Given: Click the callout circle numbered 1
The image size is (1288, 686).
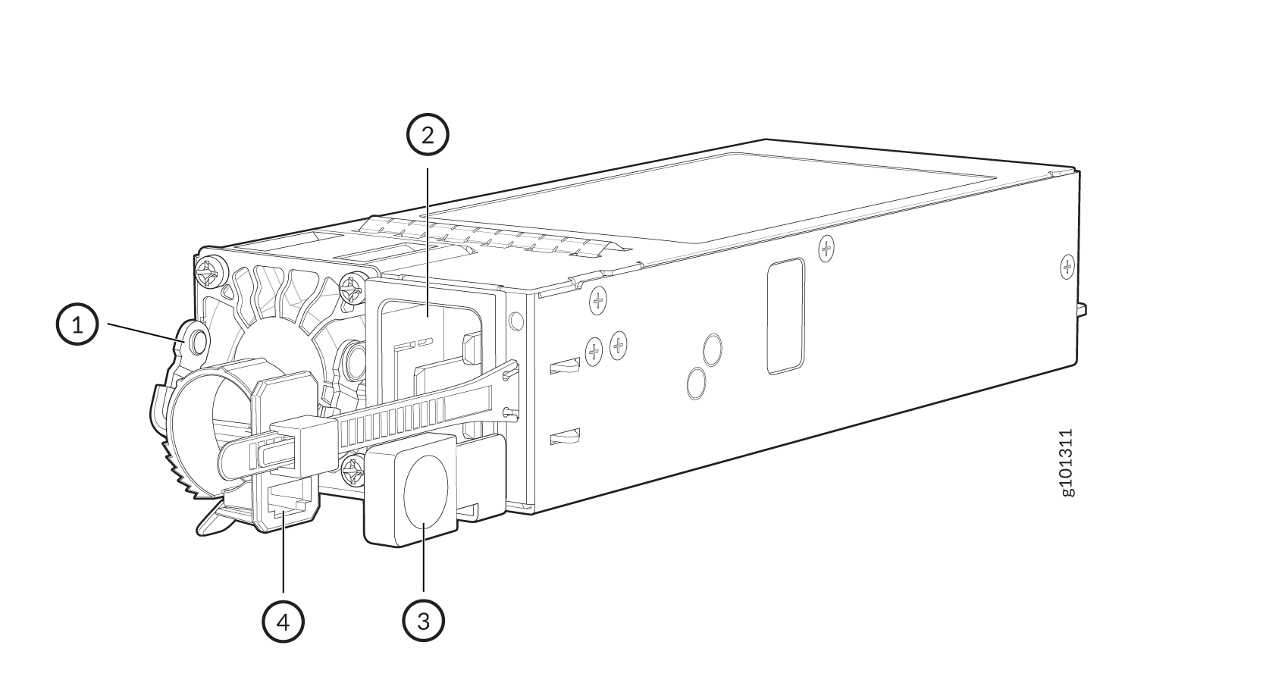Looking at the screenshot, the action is [x=77, y=324].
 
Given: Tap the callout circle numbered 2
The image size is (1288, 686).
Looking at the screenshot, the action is [x=428, y=135].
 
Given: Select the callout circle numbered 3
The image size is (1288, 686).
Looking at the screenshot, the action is [x=423, y=621].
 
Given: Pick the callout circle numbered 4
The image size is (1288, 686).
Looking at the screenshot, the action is [x=283, y=622].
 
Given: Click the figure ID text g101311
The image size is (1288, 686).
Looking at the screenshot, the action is [x=1067, y=462].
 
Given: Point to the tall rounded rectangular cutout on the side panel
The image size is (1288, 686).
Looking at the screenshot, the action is [x=786, y=315].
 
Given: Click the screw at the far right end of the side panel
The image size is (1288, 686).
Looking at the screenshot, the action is [x=1067, y=267].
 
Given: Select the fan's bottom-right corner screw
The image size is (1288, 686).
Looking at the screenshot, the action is [x=352, y=471].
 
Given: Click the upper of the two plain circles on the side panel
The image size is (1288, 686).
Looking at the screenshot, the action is [x=713, y=350].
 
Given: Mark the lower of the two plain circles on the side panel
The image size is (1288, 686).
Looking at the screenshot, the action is [x=697, y=383].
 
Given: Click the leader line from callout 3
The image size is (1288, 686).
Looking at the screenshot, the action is [x=424, y=557].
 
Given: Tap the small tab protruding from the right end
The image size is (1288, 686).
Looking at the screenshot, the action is [x=1082, y=310].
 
